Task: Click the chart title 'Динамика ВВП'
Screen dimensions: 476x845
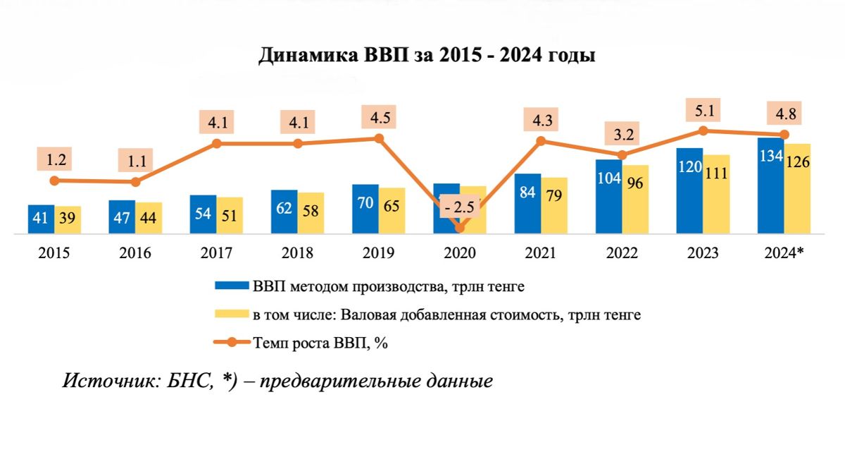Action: pyautogui.click(x=427, y=56)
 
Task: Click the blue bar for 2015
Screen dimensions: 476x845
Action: pyautogui.click(x=42, y=219)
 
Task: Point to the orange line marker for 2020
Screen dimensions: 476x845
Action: pyautogui.click(x=460, y=227)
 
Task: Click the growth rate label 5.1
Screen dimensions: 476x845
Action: pyautogui.click(x=702, y=111)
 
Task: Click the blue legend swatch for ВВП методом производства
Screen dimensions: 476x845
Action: pyautogui.click(x=232, y=286)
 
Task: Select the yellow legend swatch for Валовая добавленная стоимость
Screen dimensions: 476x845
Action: pyautogui.click(x=232, y=315)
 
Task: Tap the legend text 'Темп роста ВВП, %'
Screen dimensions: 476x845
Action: pyautogui.click(x=320, y=343)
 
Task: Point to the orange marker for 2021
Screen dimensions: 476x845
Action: pyautogui.click(x=541, y=141)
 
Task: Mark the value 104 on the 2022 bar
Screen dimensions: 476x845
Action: pyautogui.click(x=608, y=178)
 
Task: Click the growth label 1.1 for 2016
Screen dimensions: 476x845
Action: pyautogui.click(x=136, y=161)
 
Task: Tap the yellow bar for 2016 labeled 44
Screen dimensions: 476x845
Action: pyautogui.click(x=149, y=218)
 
